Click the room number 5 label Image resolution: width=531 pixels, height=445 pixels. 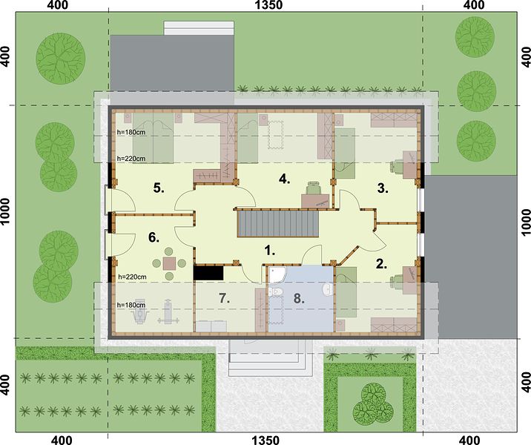pos(159,188)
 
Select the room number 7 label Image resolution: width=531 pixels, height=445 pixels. pos(224,298)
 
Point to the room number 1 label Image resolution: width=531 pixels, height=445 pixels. pos(269,251)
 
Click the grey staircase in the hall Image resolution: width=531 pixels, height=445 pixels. pos(278,223)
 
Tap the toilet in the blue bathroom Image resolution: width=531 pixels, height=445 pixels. pos(275,291)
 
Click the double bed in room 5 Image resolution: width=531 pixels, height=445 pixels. pos(153,138)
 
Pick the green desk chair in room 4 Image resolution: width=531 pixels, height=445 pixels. pos(314,188)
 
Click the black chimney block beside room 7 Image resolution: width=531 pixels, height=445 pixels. pos(208,273)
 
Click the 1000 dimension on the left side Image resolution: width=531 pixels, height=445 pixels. pos(5,212)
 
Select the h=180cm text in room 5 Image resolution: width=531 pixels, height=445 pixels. pos(131,132)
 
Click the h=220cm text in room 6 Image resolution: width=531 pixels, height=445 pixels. pos(132,277)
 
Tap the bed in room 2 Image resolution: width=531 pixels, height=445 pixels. pos(346,292)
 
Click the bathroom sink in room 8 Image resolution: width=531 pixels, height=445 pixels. pos(328,290)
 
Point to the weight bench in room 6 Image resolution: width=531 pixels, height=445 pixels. pos(168,312)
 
